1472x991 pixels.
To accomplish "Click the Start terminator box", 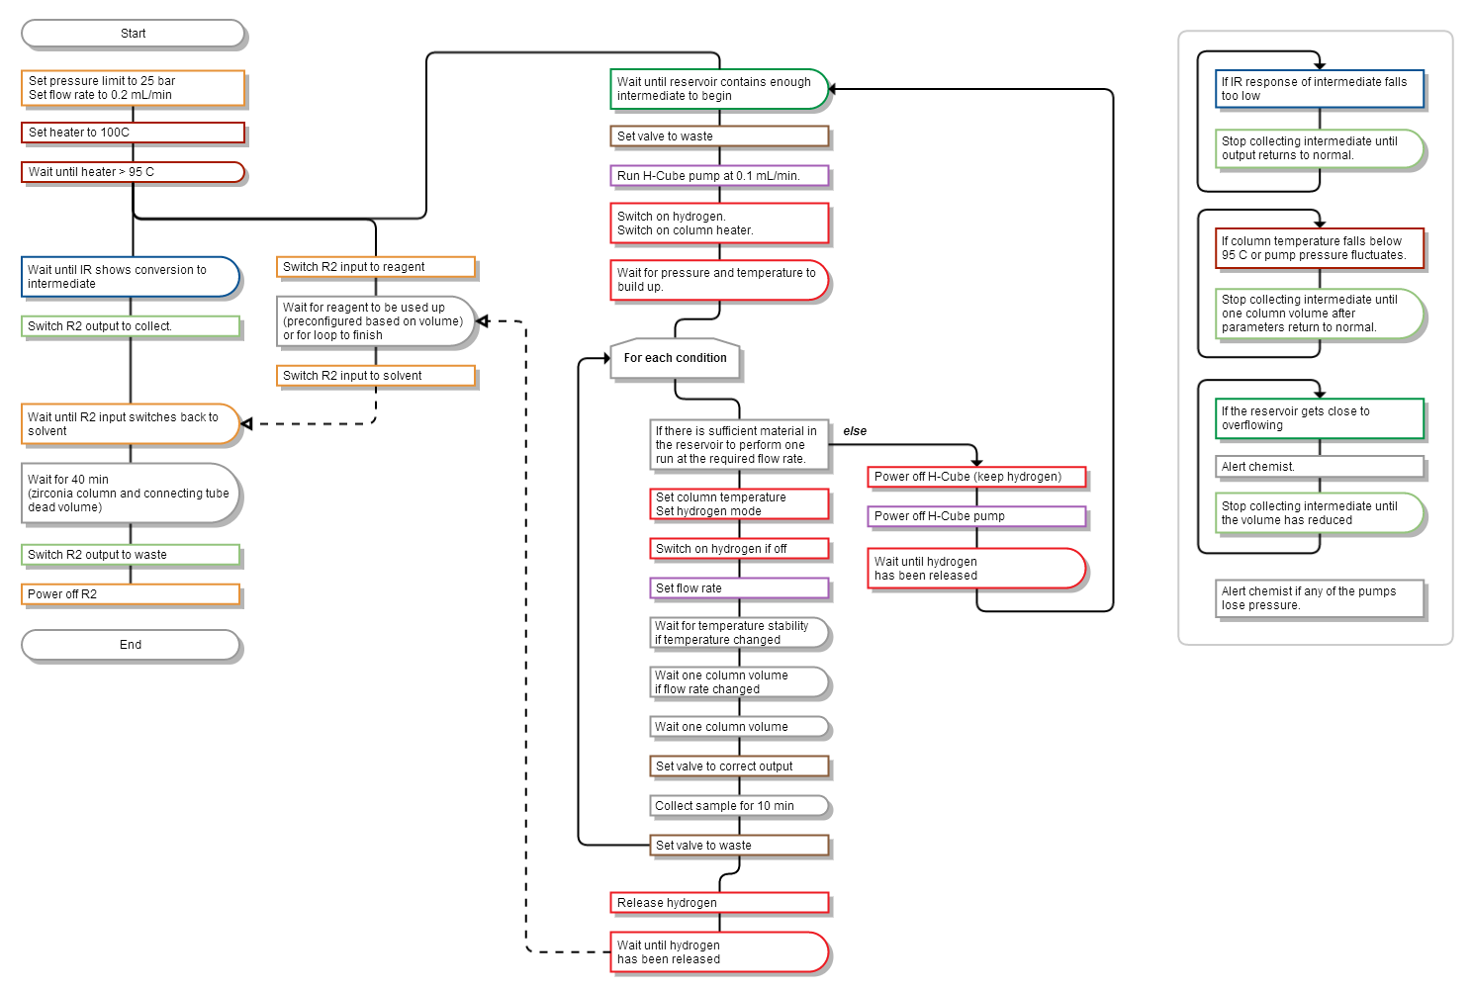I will tap(133, 34).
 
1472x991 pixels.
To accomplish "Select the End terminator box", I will tap(131, 645).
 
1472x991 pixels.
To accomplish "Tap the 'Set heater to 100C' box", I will tap(133, 133).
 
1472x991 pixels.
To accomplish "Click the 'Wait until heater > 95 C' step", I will tap(133, 172).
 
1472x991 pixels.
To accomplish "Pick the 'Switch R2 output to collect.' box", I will tap(131, 326).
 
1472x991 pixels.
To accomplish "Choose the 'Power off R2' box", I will tap(131, 594).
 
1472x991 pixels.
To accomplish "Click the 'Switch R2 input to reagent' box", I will tap(376, 267).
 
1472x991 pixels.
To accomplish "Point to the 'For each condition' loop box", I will tap(676, 358).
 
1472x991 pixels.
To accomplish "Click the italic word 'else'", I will tap(855, 431).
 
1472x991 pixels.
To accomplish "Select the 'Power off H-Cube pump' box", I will tap(976, 516).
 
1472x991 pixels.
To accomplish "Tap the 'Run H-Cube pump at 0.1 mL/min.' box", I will tap(719, 176).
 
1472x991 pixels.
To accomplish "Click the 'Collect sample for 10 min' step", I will tap(739, 806).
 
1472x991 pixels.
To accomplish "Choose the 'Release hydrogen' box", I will tap(719, 903).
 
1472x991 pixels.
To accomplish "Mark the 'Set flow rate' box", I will tap(739, 588).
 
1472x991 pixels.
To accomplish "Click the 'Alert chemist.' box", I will tap(1320, 467).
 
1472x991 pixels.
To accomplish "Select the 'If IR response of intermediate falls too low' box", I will tap(1320, 89).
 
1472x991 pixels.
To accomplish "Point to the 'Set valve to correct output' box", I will tap(739, 766).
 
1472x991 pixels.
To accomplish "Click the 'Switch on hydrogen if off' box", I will tap(739, 549).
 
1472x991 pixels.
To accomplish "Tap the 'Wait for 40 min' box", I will tap(131, 494).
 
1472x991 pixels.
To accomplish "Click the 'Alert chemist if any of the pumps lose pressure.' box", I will tap(1320, 598).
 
